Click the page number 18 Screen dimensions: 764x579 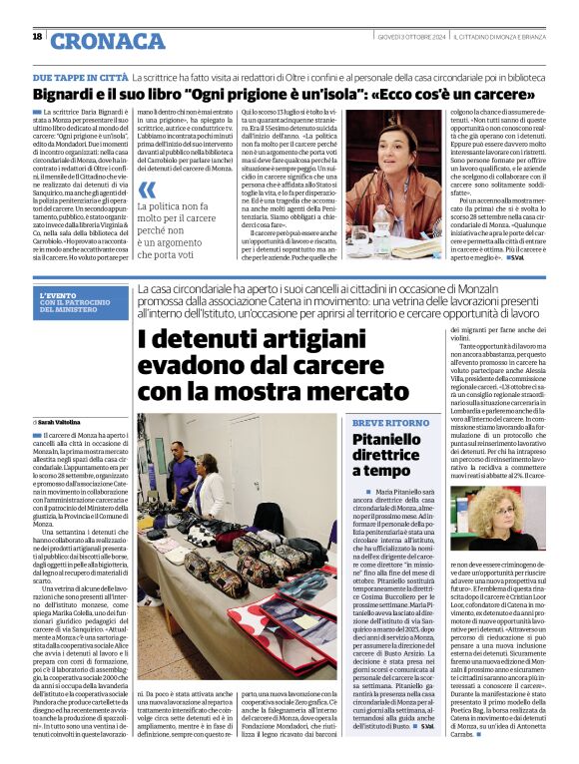click(x=37, y=37)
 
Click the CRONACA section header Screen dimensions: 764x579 click(x=107, y=40)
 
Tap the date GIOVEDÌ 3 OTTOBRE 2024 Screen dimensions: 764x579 click(x=389, y=36)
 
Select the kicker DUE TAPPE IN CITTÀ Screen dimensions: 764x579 click(x=80, y=77)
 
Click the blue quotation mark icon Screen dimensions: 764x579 click(x=147, y=190)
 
